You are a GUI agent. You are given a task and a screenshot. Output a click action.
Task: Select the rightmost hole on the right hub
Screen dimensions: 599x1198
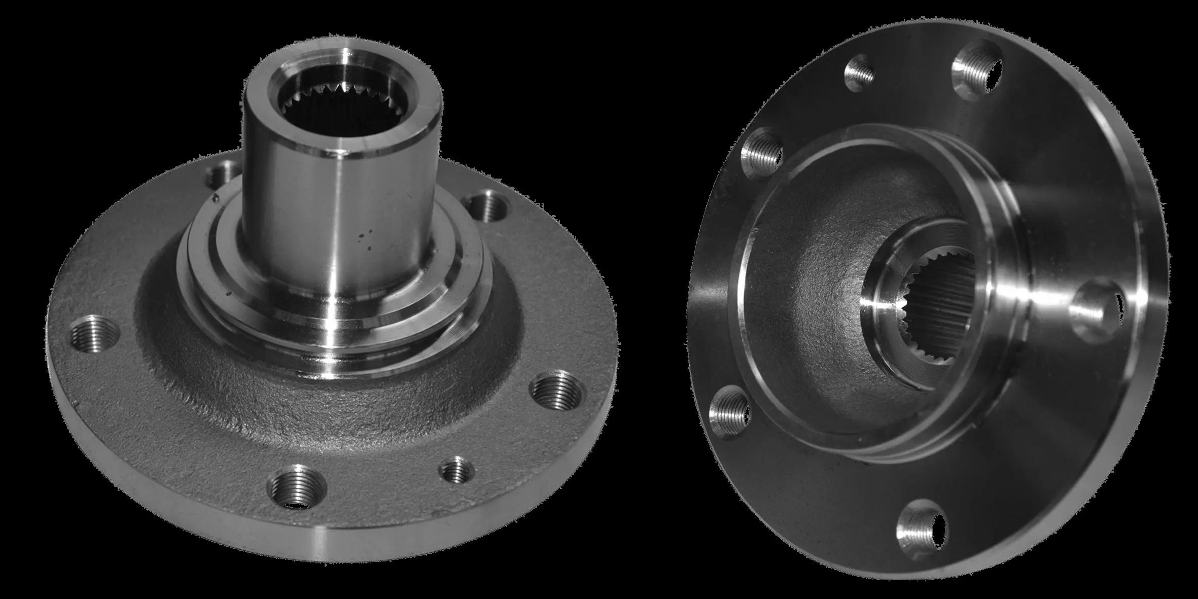point(1096,309)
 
